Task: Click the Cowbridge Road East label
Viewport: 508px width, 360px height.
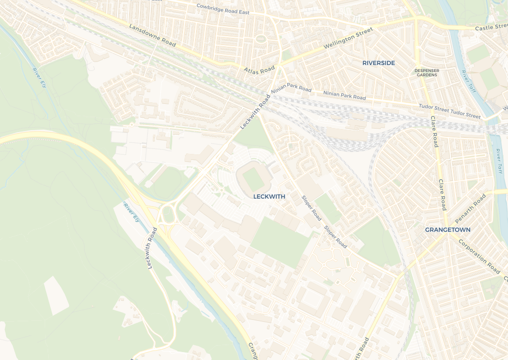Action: pos(223,9)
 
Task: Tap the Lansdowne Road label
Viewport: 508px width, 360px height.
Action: pos(152,35)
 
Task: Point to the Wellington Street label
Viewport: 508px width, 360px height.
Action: pos(348,39)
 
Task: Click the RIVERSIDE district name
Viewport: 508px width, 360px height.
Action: pos(379,63)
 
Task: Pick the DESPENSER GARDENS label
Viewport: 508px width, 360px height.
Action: pos(427,72)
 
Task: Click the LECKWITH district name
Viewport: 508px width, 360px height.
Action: pos(269,197)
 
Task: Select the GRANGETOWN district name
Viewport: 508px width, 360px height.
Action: pos(447,230)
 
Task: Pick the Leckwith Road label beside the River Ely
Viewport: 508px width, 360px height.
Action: pos(152,249)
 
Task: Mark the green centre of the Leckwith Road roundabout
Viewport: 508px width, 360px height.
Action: pos(168,215)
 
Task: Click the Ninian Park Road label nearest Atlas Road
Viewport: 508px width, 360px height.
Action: pos(291,88)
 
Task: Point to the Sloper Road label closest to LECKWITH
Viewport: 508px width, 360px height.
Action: pos(312,208)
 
